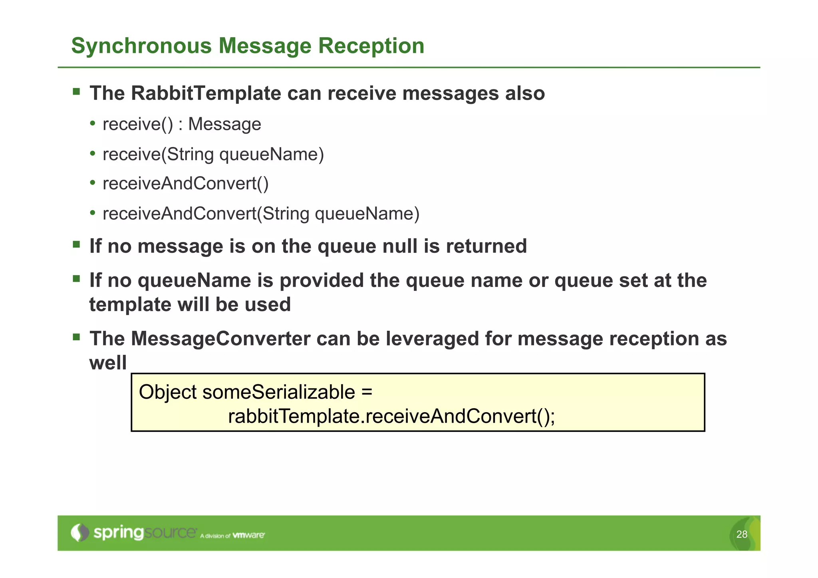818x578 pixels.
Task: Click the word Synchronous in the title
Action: coord(141,46)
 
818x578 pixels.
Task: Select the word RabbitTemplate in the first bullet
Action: coord(206,93)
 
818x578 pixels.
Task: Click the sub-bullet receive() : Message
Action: coord(182,124)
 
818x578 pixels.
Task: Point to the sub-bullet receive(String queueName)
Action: coord(213,155)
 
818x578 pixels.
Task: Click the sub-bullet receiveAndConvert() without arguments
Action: coord(185,184)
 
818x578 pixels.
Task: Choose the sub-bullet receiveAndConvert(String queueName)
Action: coord(261,214)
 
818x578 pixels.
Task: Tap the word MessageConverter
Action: coord(220,339)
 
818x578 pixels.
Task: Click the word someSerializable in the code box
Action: coord(279,392)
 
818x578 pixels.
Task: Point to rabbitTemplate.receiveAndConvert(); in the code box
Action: coord(391,416)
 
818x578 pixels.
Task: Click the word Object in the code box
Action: coord(168,392)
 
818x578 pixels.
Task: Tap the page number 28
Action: coord(741,534)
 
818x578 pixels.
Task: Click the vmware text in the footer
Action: coord(248,535)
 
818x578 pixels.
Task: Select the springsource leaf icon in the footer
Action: coord(79,532)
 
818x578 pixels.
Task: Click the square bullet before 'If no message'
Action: coord(76,244)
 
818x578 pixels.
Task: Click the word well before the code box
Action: coord(108,363)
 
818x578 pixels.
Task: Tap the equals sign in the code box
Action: coord(367,392)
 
